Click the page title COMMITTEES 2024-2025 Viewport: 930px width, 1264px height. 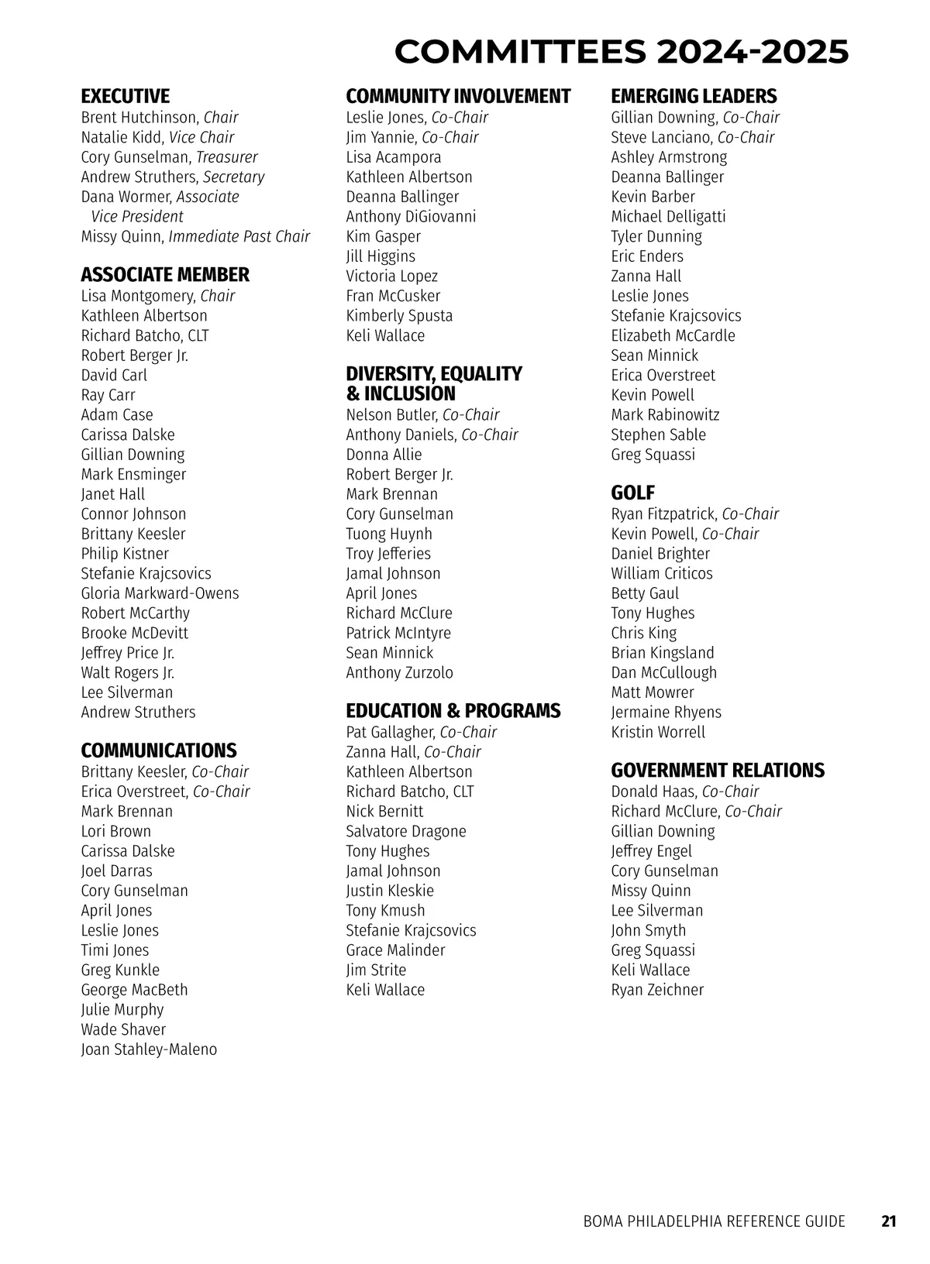621,52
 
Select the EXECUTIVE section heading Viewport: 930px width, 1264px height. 125,96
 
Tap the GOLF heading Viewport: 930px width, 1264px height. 632,493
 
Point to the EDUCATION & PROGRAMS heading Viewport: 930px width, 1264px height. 453,711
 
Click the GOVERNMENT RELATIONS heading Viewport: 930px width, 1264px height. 718,770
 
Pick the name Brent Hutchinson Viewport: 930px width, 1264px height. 139,118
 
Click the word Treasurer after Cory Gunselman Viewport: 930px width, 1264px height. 227,157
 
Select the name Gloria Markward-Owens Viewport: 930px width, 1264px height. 160,593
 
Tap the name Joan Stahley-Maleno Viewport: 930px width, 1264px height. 149,1049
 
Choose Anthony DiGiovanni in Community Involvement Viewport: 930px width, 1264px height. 411,217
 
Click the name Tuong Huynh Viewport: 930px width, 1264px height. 389,534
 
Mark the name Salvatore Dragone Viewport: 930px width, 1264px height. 406,831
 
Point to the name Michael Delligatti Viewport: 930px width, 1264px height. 668,217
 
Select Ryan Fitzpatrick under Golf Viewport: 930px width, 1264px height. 663,514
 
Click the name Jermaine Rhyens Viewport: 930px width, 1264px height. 666,713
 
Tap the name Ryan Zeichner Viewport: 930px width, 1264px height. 657,990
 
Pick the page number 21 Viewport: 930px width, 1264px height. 889,1221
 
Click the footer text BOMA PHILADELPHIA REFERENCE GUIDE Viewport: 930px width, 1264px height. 714,1221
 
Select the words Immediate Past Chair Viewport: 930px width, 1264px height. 239,237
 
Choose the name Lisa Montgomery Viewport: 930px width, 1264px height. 138,296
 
